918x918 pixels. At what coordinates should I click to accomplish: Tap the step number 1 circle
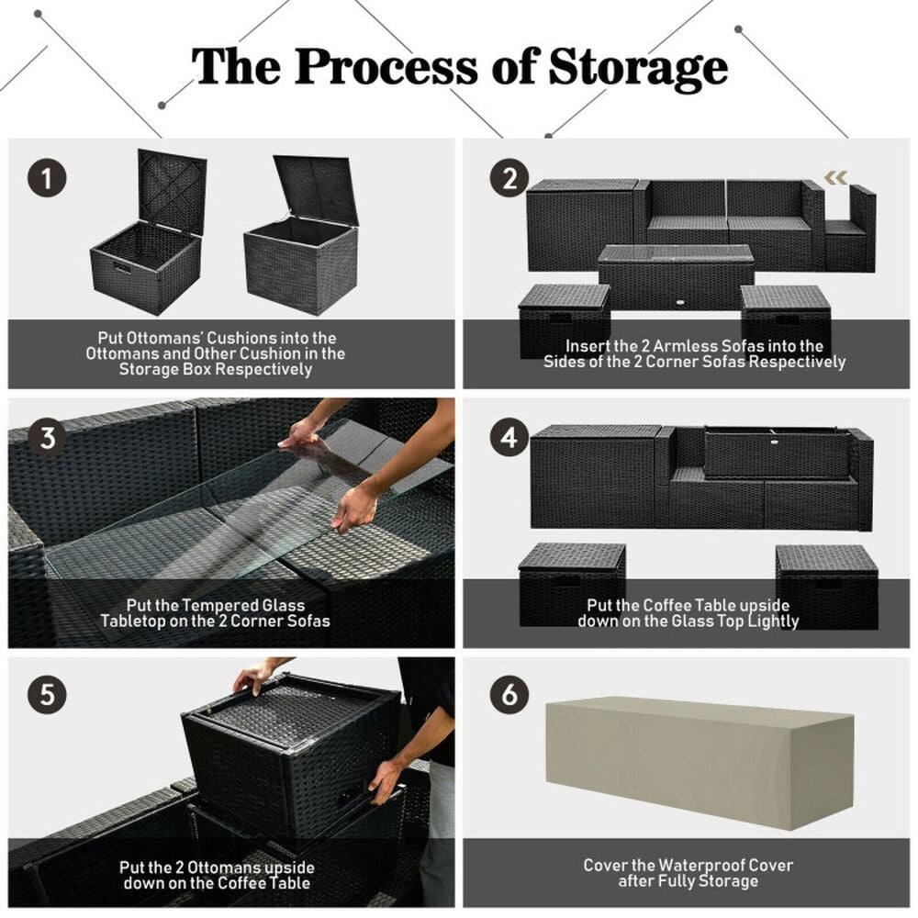[46, 177]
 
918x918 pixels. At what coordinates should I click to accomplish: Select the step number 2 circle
[509, 177]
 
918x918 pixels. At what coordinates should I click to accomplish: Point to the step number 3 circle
[46, 438]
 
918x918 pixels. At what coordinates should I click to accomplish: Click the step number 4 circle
[509, 438]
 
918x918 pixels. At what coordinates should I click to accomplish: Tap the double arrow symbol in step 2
[834, 177]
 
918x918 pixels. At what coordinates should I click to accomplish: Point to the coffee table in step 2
[676, 275]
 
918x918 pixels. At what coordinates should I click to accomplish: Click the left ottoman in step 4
[571, 583]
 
